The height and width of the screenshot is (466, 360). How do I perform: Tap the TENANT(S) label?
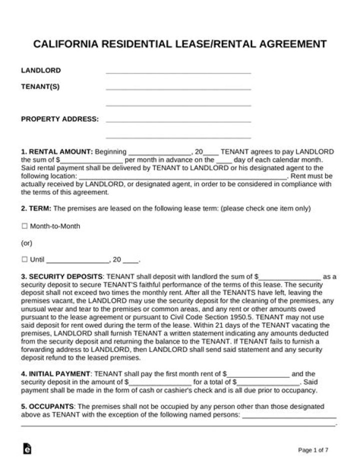click(x=40, y=87)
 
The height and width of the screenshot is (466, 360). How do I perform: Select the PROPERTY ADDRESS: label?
click(x=59, y=119)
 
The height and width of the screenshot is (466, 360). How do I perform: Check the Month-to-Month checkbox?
click(x=24, y=226)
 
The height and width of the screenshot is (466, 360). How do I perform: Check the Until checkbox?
click(x=24, y=259)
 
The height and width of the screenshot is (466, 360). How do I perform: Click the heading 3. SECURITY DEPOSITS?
click(x=61, y=276)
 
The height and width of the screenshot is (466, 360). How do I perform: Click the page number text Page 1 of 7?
click(x=313, y=450)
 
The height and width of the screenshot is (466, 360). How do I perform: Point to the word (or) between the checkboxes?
click(x=27, y=243)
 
